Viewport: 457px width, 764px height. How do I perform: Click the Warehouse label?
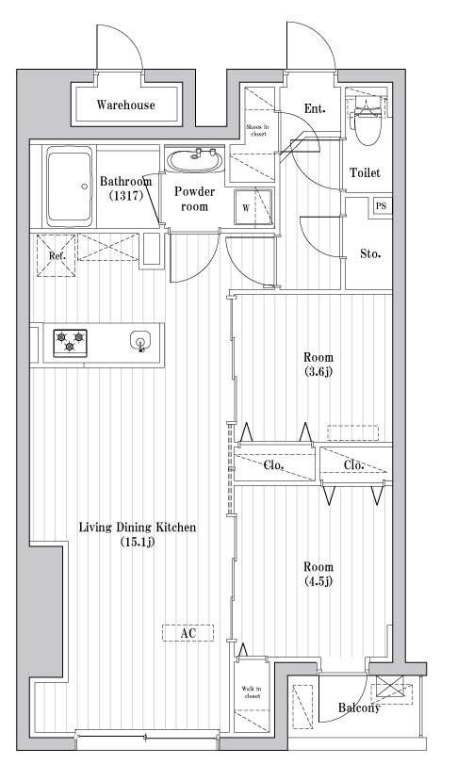tap(125, 106)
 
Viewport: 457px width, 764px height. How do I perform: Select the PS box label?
tap(381, 206)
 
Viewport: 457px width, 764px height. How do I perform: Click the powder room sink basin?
tap(195, 161)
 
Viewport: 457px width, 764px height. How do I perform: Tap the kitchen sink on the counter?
tap(140, 341)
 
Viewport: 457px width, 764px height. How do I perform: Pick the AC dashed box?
tap(188, 634)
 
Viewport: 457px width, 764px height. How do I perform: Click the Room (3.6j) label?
tap(317, 366)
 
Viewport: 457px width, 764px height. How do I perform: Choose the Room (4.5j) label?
tap(317, 574)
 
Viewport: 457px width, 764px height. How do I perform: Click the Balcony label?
tap(360, 708)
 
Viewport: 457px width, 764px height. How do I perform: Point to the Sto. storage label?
tap(369, 253)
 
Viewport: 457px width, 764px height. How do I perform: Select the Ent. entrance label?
tap(315, 109)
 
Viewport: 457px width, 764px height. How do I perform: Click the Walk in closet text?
tap(251, 694)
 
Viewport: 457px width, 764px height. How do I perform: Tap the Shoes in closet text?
tap(256, 129)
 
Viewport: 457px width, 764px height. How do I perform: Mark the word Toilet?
tap(365, 173)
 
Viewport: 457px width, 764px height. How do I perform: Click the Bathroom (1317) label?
tap(125, 188)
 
